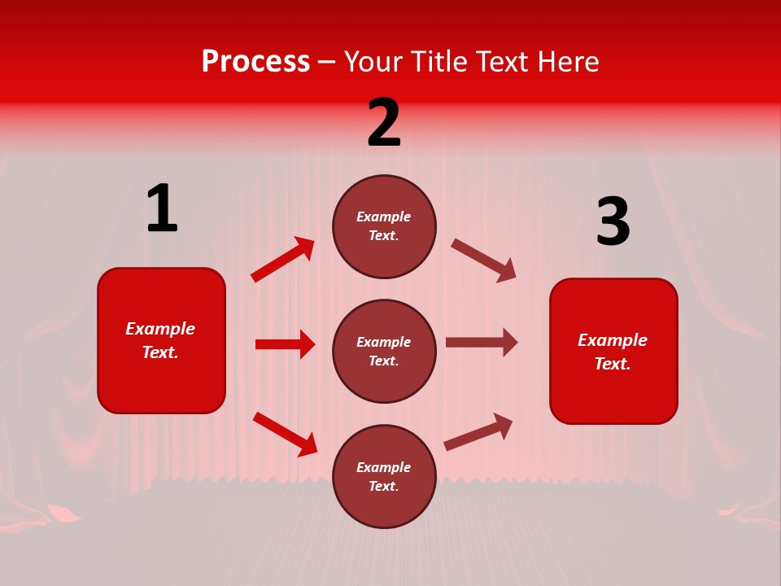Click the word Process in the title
pyautogui.click(x=255, y=61)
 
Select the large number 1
pyautogui.click(x=162, y=208)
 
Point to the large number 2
pyautogui.click(x=384, y=123)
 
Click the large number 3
pyautogui.click(x=613, y=222)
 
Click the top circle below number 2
pyautogui.click(x=384, y=226)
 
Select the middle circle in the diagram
pyautogui.click(x=384, y=351)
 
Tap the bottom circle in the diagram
pyautogui.click(x=384, y=476)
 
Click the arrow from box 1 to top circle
pyautogui.click(x=282, y=260)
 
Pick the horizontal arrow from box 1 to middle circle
pyautogui.click(x=285, y=344)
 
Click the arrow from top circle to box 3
pyautogui.click(x=483, y=260)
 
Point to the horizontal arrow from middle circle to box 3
pyautogui.click(x=482, y=343)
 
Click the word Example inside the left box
pyautogui.click(x=160, y=329)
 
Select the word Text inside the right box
pyautogui.click(x=612, y=364)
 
